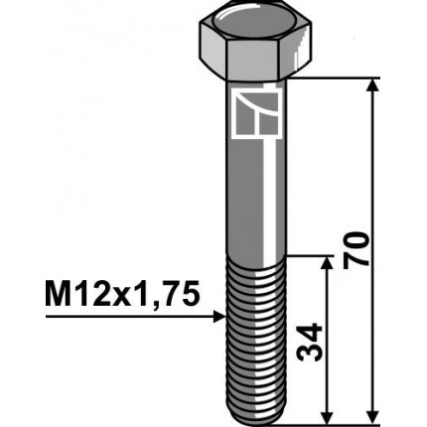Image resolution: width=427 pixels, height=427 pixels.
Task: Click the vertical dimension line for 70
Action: click(372, 179)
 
